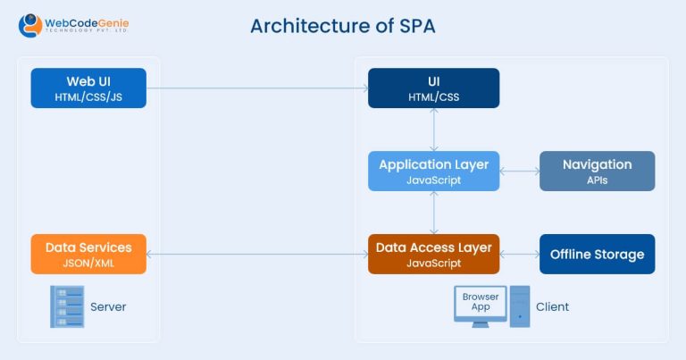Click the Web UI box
click(88, 88)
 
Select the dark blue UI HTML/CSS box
click(433, 88)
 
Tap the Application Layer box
click(433, 171)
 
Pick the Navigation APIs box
click(597, 171)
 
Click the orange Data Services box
click(88, 254)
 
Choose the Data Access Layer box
click(433, 254)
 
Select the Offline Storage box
click(597, 254)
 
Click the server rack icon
click(67, 306)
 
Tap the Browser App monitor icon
click(481, 305)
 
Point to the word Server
click(108, 307)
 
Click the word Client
click(552, 307)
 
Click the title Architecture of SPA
click(343, 26)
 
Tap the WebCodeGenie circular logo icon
click(31, 25)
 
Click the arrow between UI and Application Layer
click(433, 130)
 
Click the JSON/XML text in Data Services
click(88, 264)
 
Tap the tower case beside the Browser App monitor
click(519, 306)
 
